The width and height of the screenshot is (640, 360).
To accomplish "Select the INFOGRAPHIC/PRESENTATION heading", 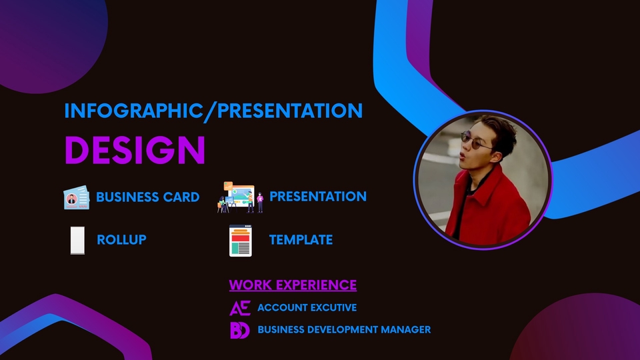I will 213,110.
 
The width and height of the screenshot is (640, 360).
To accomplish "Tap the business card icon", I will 76,198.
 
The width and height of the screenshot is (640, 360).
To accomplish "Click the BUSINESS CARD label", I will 147,197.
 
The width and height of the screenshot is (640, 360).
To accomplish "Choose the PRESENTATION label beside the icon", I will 317,197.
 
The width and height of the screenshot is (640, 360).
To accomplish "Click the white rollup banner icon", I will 78,240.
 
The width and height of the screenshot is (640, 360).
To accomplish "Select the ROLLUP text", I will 121,240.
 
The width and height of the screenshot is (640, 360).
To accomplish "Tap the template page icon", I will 240,241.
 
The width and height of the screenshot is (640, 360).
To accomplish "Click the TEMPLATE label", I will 301,240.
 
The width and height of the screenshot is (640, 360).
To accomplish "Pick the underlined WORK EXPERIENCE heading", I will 293,285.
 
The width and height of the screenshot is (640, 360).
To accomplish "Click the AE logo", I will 239,308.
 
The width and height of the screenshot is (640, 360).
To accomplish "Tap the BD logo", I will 239,330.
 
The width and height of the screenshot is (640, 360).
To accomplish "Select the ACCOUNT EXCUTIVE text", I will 307,308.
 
